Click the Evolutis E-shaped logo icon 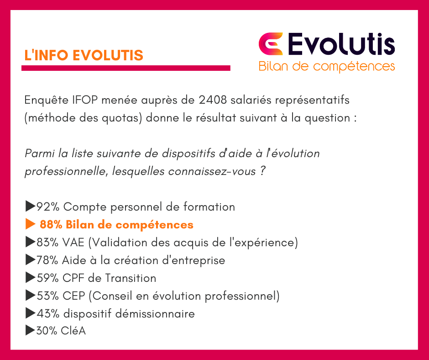pos(270,44)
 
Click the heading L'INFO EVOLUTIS pos(84,55)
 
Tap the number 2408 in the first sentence pos(213,100)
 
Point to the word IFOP pos(85,100)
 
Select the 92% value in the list pos(48,207)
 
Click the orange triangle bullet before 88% pos(31,224)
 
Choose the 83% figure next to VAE pos(47,243)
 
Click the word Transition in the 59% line pos(131,278)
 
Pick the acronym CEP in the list pos(74,296)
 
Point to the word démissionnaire pos(155,314)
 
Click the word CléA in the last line pos(73,331)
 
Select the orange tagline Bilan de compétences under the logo pos(327,67)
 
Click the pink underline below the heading pos(126,68)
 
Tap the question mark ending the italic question pos(262,171)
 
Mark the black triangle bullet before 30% pos(31,330)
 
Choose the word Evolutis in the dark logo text pos(341,44)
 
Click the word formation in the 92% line pos(209,207)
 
